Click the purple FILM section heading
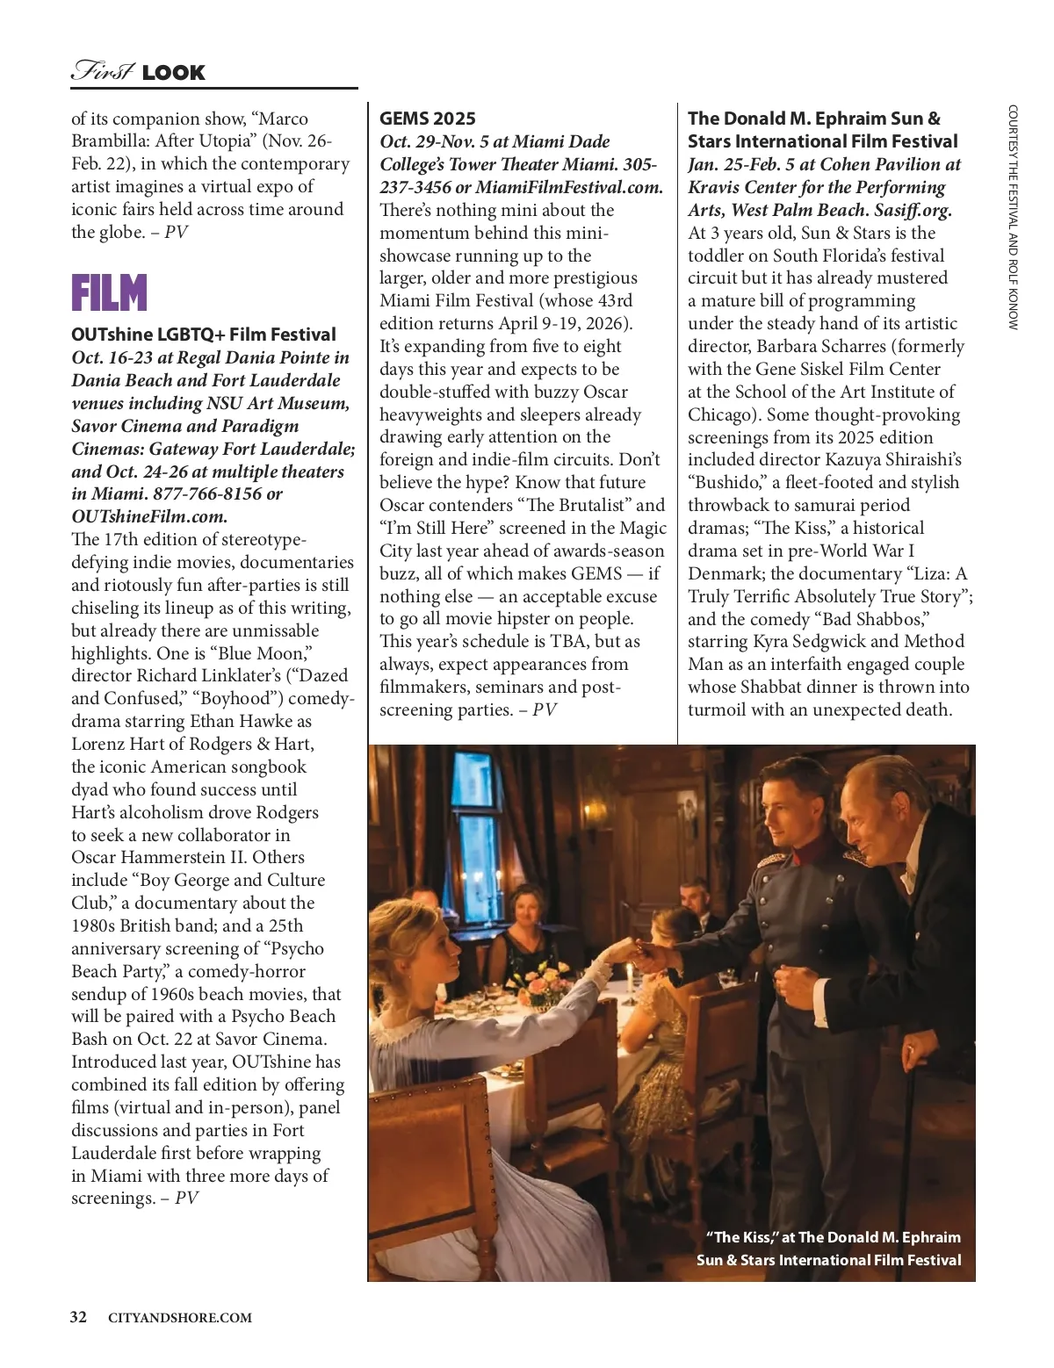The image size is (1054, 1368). point(109,293)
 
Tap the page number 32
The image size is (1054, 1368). point(79,1317)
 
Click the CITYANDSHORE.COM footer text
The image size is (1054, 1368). point(179,1318)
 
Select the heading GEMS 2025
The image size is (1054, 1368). point(428,119)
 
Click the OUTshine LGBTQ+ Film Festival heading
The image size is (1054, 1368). point(204,335)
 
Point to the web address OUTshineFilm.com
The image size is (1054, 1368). point(149,516)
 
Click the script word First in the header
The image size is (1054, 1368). point(102,71)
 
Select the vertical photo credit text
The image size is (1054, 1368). point(1013,217)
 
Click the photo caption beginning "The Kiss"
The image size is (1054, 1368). point(833,1249)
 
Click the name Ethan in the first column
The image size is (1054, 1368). point(217,722)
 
